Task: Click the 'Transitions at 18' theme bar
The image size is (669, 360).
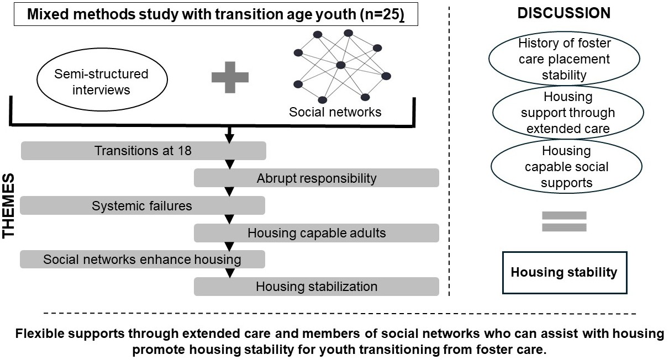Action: [143, 151]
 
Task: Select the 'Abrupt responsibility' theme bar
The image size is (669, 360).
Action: [316, 178]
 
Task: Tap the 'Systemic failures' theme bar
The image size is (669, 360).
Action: [142, 206]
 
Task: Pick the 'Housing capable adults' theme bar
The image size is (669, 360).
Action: [316, 233]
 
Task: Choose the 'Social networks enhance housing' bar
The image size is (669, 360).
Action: [142, 259]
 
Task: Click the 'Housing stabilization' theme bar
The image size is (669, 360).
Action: [316, 287]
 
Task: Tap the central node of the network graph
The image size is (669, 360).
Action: [341, 66]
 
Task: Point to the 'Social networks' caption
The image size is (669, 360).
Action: [335, 112]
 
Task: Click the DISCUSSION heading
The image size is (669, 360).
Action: [564, 14]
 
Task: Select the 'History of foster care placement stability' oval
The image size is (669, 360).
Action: [564, 59]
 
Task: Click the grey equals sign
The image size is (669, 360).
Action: [564, 221]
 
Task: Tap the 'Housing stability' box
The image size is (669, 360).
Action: [564, 272]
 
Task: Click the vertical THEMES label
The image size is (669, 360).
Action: [9, 208]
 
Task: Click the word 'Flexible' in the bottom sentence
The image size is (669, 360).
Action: [40, 335]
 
